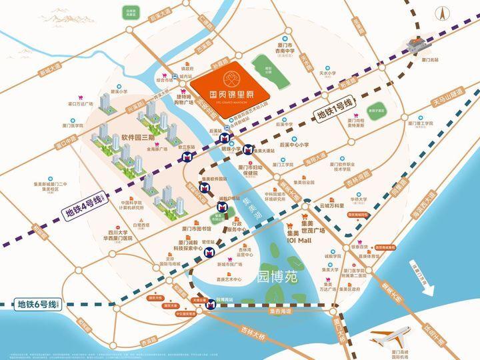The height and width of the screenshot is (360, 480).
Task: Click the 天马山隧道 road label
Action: (x=446, y=95)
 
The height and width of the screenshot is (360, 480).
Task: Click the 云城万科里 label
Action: (x=337, y=207)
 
